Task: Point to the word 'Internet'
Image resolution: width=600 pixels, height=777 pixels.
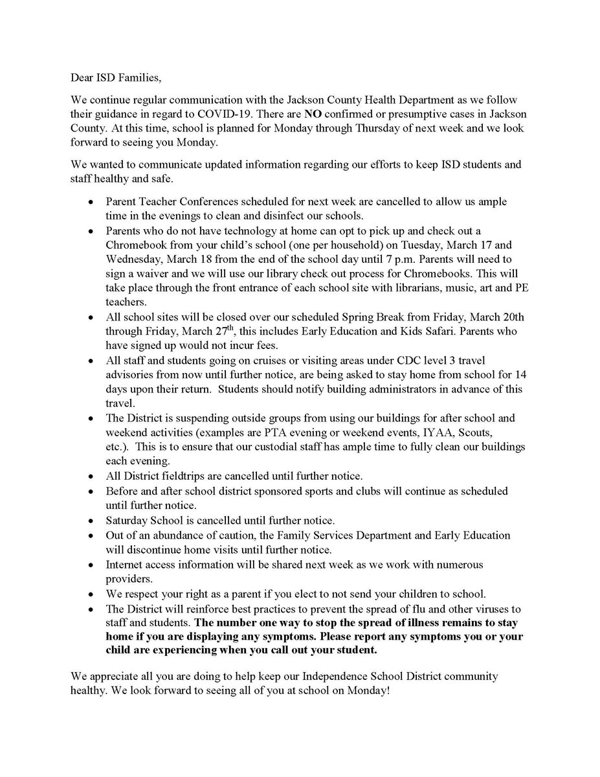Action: click(x=125, y=565)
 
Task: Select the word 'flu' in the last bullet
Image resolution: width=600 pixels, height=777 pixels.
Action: click(x=387, y=609)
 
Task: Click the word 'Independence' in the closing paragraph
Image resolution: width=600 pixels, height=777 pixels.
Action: click(x=302, y=676)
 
